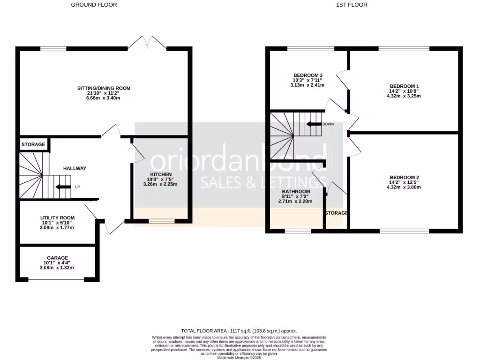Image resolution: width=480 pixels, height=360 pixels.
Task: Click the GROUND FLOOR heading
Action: pyautogui.click(x=94, y=5)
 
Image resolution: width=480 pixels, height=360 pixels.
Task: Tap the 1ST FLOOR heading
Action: pyautogui.click(x=352, y=5)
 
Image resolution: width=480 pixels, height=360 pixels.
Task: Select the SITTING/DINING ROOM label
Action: pyautogui.click(x=104, y=88)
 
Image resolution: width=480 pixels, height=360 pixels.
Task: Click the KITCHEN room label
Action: pyautogui.click(x=160, y=174)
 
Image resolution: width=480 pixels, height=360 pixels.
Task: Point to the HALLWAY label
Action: pyautogui.click(x=75, y=168)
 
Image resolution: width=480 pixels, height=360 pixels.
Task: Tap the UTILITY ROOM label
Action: pyautogui.click(x=57, y=218)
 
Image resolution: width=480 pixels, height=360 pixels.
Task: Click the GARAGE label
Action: pyautogui.click(x=57, y=258)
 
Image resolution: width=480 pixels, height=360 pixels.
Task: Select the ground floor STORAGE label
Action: pyautogui.click(x=33, y=144)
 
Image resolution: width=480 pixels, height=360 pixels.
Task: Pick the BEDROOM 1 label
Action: pyautogui.click(x=404, y=86)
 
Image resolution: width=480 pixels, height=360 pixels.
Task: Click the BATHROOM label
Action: pyautogui.click(x=296, y=192)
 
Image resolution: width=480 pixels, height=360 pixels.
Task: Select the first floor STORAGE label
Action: pyautogui.click(x=336, y=213)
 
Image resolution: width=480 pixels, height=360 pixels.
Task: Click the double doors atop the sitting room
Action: pyautogui.click(x=147, y=42)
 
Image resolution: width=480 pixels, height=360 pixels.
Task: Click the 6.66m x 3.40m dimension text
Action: pyautogui.click(x=104, y=99)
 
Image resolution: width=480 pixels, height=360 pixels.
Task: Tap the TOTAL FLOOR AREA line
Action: pyautogui.click(x=239, y=330)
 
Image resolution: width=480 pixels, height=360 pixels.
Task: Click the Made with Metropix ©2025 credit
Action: pyautogui.click(x=239, y=358)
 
